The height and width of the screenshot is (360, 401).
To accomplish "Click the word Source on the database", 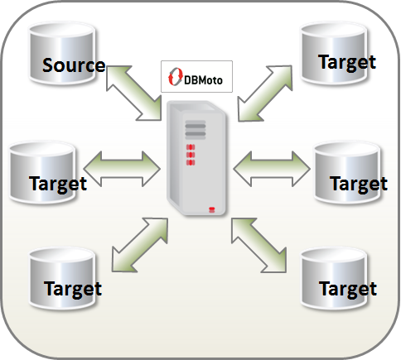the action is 74,65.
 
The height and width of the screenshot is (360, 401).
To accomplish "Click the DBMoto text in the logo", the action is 203,80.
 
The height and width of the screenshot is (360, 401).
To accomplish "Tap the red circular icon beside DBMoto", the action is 176,76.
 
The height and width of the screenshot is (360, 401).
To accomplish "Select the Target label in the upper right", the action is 347,63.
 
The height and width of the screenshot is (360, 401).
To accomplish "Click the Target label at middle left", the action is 58,185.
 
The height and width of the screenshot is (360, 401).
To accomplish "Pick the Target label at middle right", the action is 359,185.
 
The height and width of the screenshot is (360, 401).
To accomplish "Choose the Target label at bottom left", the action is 73,290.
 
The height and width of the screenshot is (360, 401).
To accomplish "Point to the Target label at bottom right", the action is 348,290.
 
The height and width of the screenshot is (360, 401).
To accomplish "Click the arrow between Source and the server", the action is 133,93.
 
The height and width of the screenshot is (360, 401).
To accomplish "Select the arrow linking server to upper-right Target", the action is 264,94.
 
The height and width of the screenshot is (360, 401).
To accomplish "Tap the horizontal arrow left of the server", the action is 122,169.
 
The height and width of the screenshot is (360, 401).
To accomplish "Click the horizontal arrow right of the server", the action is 272,169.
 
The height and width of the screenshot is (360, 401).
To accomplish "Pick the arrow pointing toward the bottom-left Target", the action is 140,245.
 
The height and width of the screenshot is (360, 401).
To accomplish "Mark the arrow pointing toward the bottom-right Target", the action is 258,245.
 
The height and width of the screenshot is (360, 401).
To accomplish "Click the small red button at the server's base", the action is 211,209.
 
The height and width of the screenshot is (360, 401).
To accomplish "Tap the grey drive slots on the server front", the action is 196,130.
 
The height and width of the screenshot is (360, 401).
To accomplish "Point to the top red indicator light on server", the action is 191,147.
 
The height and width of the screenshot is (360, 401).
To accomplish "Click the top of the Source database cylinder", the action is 62,31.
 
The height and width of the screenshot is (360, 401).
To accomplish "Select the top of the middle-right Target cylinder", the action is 347,150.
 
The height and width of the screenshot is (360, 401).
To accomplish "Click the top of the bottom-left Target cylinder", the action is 62,256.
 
